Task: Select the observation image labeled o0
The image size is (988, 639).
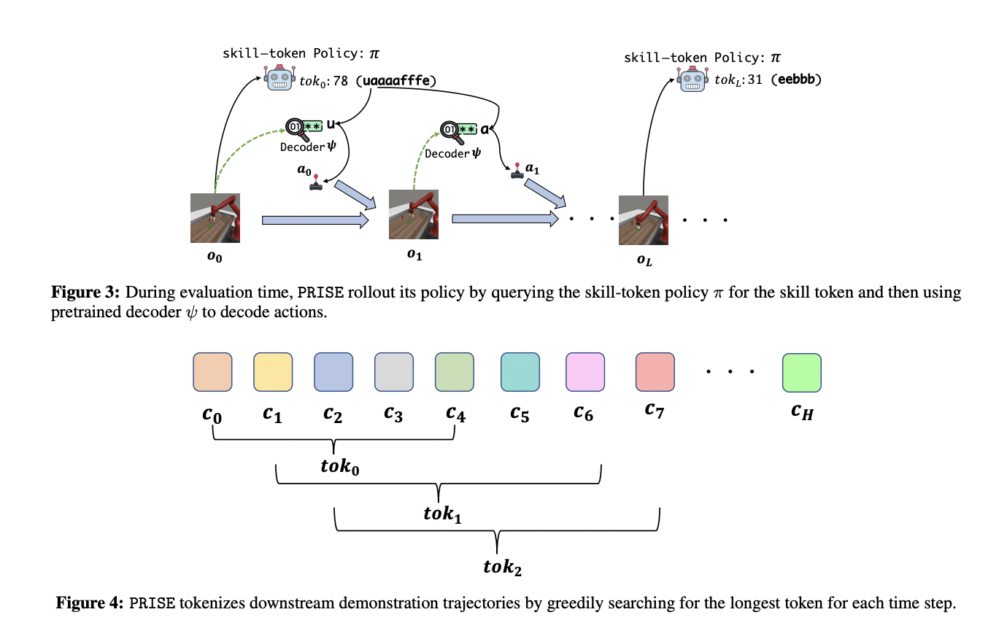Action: (x=215, y=217)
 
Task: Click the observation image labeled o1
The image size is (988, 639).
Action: (x=414, y=214)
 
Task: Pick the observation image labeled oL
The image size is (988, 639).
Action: (x=643, y=220)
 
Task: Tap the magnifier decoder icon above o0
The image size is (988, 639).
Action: (x=297, y=128)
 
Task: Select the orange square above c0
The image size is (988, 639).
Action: (x=212, y=372)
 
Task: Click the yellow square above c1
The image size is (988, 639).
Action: (x=273, y=372)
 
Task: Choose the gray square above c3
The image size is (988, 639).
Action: (x=394, y=372)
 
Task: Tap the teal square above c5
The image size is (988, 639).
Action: (x=520, y=372)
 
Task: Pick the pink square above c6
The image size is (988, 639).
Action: (x=585, y=372)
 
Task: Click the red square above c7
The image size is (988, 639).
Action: (x=655, y=372)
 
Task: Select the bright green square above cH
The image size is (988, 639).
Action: (x=801, y=372)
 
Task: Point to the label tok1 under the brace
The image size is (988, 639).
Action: (x=442, y=514)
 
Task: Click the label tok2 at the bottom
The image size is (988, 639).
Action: (x=503, y=565)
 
